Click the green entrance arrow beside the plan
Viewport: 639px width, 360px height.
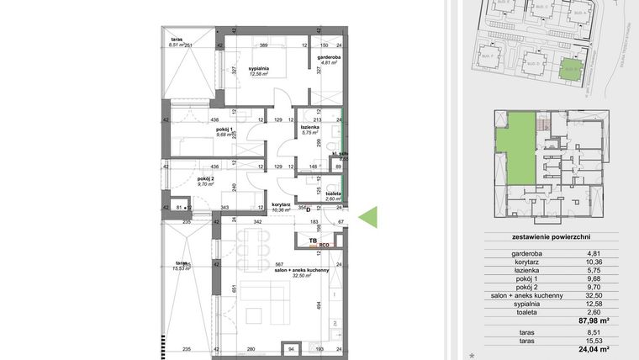coord(368,217)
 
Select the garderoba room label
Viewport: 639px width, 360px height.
coord(328,58)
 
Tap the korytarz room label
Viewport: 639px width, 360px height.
coord(280,204)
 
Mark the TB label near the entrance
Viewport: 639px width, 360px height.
coord(313,241)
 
